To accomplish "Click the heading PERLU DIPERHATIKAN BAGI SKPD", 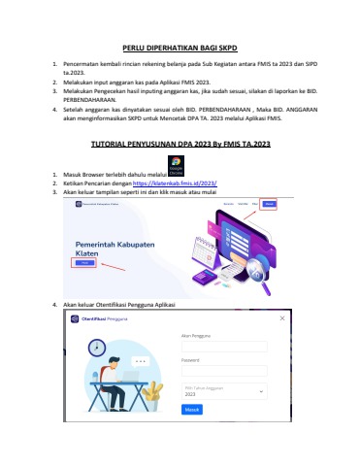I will (x=180, y=47).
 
